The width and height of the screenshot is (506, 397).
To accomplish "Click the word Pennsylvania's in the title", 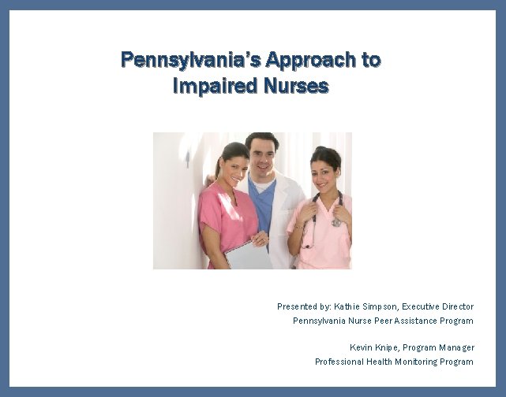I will click(190, 60).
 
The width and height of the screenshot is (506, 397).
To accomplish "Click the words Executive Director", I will click(438, 306).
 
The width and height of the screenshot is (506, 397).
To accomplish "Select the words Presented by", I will click(304, 306).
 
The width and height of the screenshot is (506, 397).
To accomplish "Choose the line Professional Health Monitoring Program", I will click(394, 362).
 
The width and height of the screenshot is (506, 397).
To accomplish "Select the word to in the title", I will click(371, 60).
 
